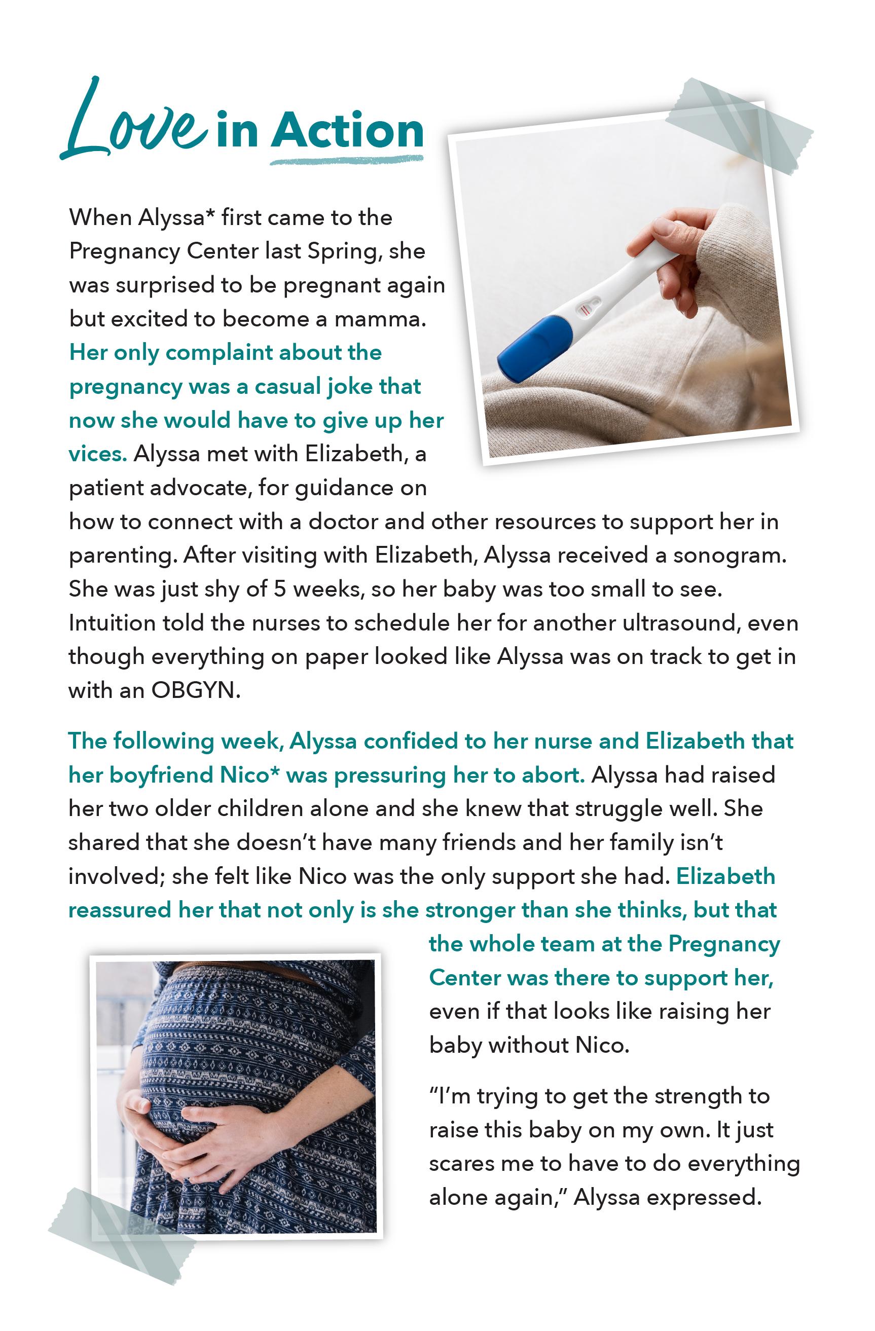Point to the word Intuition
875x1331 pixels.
point(112,623)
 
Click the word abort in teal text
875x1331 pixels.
point(556,775)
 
